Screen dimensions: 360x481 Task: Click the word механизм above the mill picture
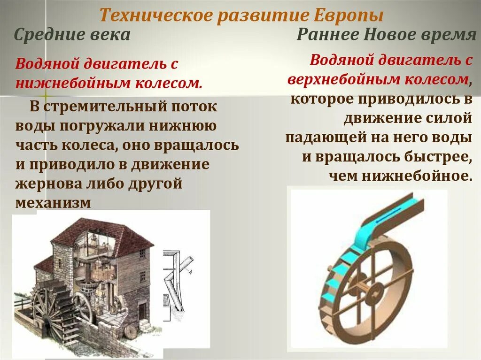pyautogui.click(x=52, y=202)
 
